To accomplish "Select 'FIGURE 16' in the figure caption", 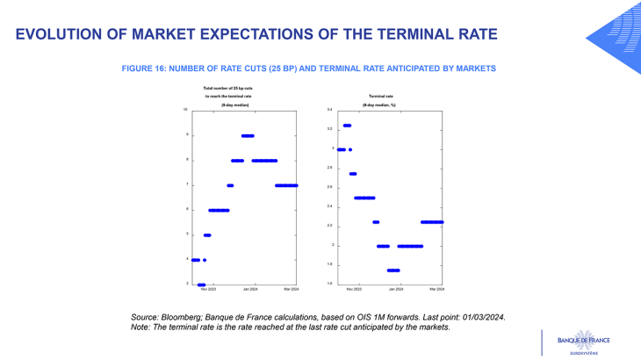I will pyautogui.click(x=148, y=68).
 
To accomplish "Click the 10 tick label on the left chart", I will pyautogui.click(x=185, y=110).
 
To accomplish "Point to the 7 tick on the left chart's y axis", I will pyautogui.click(x=186, y=184).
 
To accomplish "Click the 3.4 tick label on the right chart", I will pyautogui.click(x=329, y=110).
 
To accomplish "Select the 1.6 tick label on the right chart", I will pyautogui.click(x=329, y=284).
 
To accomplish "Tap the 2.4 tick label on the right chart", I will pyautogui.click(x=329, y=206).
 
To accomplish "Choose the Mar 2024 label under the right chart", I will pyautogui.click(x=436, y=289).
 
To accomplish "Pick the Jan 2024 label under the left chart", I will pyautogui.click(x=250, y=289).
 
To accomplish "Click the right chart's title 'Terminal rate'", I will pyautogui.click(x=380, y=95).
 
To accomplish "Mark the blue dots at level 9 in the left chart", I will pyautogui.click(x=248, y=135).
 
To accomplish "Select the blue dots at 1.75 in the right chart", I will pyautogui.click(x=393, y=270).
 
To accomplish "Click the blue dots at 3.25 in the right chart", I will pyautogui.click(x=347, y=126).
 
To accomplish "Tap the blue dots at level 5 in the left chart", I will pyautogui.click(x=207, y=235).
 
